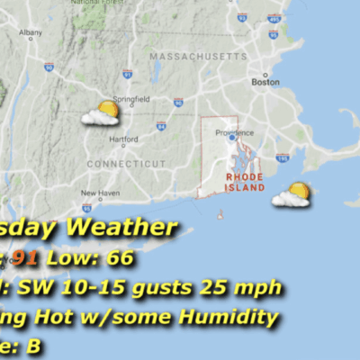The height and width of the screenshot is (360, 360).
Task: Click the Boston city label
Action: coord(265,82)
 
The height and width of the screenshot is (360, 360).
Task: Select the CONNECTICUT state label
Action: coord(127,163)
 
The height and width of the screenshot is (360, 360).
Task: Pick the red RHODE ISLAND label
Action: coord(245,183)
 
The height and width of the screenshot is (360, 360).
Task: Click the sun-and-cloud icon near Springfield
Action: coord(101,114)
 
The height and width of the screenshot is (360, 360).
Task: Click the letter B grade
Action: coord(34,344)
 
